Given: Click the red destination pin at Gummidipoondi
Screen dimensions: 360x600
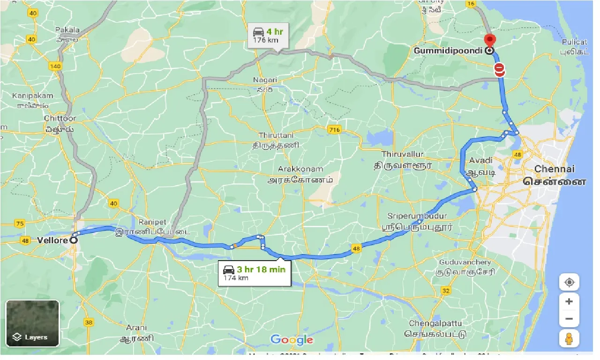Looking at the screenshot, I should [x=489, y=41].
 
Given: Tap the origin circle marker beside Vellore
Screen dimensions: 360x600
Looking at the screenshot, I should [x=73, y=240].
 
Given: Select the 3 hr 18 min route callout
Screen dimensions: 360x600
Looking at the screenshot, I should [x=255, y=273].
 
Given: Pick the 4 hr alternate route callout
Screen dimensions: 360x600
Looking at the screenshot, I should [x=268, y=36].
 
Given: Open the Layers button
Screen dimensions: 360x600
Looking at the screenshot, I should [x=32, y=323].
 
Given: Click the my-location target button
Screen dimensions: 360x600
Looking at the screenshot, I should [x=569, y=282].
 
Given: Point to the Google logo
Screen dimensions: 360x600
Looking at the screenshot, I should [x=292, y=340].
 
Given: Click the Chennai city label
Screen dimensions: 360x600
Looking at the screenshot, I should [x=555, y=169].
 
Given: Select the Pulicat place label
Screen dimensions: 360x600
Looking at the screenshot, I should [x=574, y=42].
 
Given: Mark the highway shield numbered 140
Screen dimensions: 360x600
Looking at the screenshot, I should [x=55, y=66].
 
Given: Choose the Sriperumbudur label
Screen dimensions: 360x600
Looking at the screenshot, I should [x=411, y=216].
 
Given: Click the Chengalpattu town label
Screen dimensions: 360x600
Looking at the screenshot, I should [x=435, y=323].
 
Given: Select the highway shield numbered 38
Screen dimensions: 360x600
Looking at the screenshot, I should [x=89, y=322].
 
